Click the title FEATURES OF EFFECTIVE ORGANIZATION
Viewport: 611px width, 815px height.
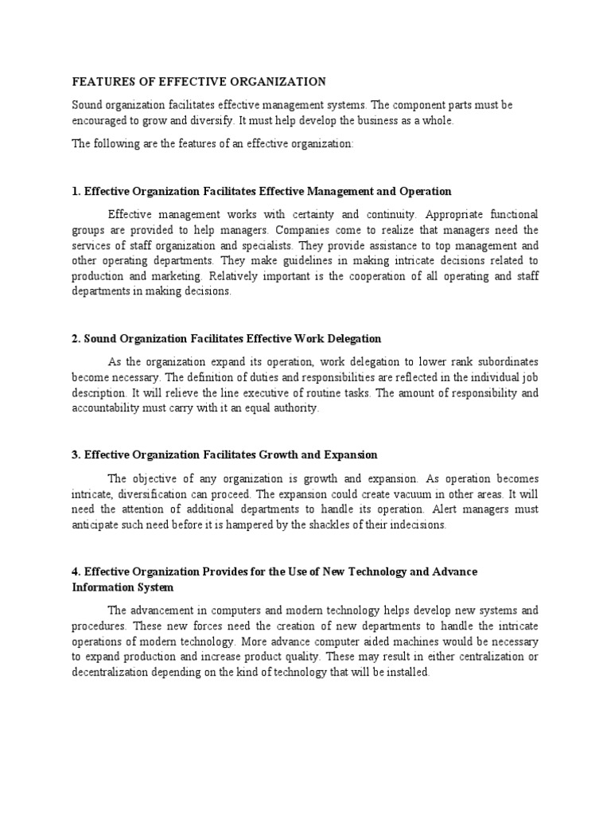click(x=199, y=82)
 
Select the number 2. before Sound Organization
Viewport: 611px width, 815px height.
click(x=76, y=339)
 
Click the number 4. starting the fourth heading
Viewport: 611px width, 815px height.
click(x=76, y=572)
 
